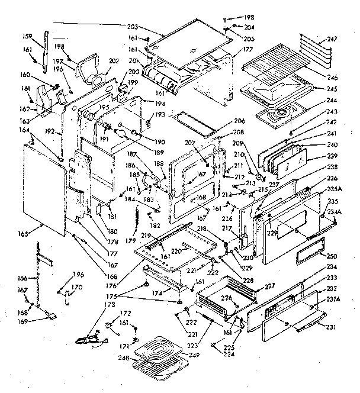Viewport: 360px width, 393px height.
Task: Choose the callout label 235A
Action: click(x=334, y=189)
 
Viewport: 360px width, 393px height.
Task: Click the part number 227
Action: click(x=269, y=286)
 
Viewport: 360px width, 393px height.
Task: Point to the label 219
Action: click(x=144, y=235)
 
